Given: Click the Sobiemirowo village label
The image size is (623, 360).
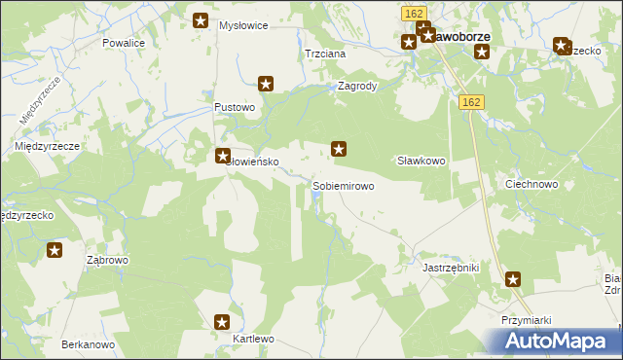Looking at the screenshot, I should coord(343,185).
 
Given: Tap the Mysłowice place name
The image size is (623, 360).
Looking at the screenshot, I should coord(243,25).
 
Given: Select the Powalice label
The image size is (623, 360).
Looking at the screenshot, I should coord(124,44).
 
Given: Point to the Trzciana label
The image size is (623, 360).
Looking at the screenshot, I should coord(325,54).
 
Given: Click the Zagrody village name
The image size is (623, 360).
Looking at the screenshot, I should coord(356,86).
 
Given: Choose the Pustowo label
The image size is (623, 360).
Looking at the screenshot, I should coord(235,107).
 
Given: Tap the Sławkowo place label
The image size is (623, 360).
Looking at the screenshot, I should coord(421,161).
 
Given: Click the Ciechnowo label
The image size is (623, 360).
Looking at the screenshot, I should coord(531,184).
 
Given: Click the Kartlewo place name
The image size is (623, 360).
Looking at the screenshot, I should coord(255,339).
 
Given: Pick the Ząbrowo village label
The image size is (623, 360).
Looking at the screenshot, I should coord(108,261).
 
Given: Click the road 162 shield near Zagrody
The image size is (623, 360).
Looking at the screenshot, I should coord(472,102).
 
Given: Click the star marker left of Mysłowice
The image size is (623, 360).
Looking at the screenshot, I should coord(201,20).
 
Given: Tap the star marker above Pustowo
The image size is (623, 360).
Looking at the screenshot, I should coord(265,85).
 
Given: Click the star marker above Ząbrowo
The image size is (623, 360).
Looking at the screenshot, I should coord(55,251).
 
